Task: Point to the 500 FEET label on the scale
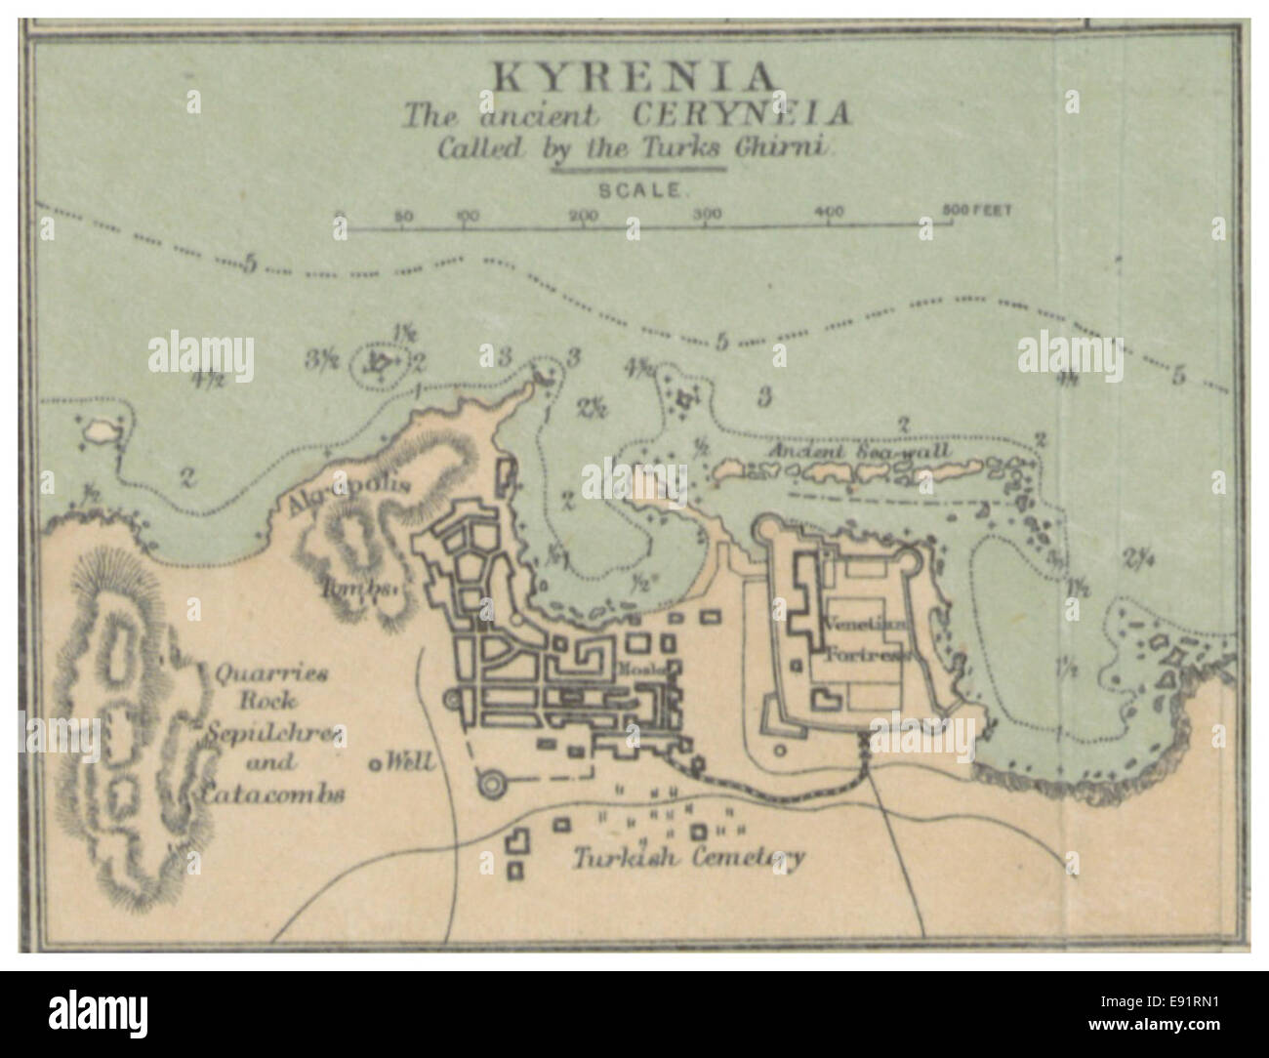coord(976,210)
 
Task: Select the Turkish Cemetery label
coord(689,858)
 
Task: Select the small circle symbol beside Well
coord(374,764)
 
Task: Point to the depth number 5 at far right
coord(1178,375)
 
